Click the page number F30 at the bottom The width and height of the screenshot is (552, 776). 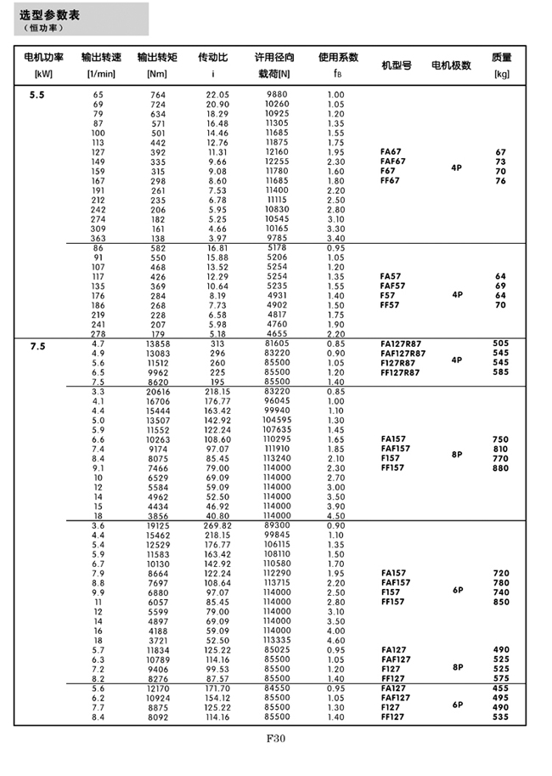[276, 739]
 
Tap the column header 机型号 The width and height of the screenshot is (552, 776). [396, 65]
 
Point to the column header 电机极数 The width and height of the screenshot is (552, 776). [451, 65]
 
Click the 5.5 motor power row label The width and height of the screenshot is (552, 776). [37, 94]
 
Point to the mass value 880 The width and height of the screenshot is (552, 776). [500, 468]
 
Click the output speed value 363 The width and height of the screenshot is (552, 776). [98, 239]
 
